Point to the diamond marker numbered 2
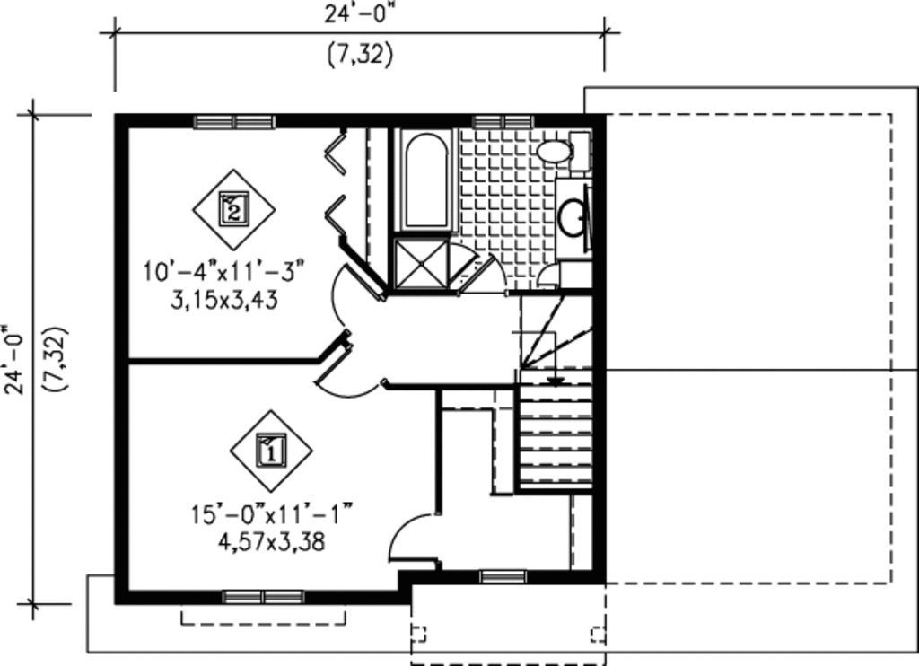coord(233,210)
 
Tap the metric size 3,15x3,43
coord(224,300)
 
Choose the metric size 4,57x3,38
coord(270,542)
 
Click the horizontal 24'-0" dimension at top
coord(359,14)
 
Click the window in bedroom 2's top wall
coord(234,121)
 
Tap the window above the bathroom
coord(503,121)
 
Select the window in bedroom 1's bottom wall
coord(263,596)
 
